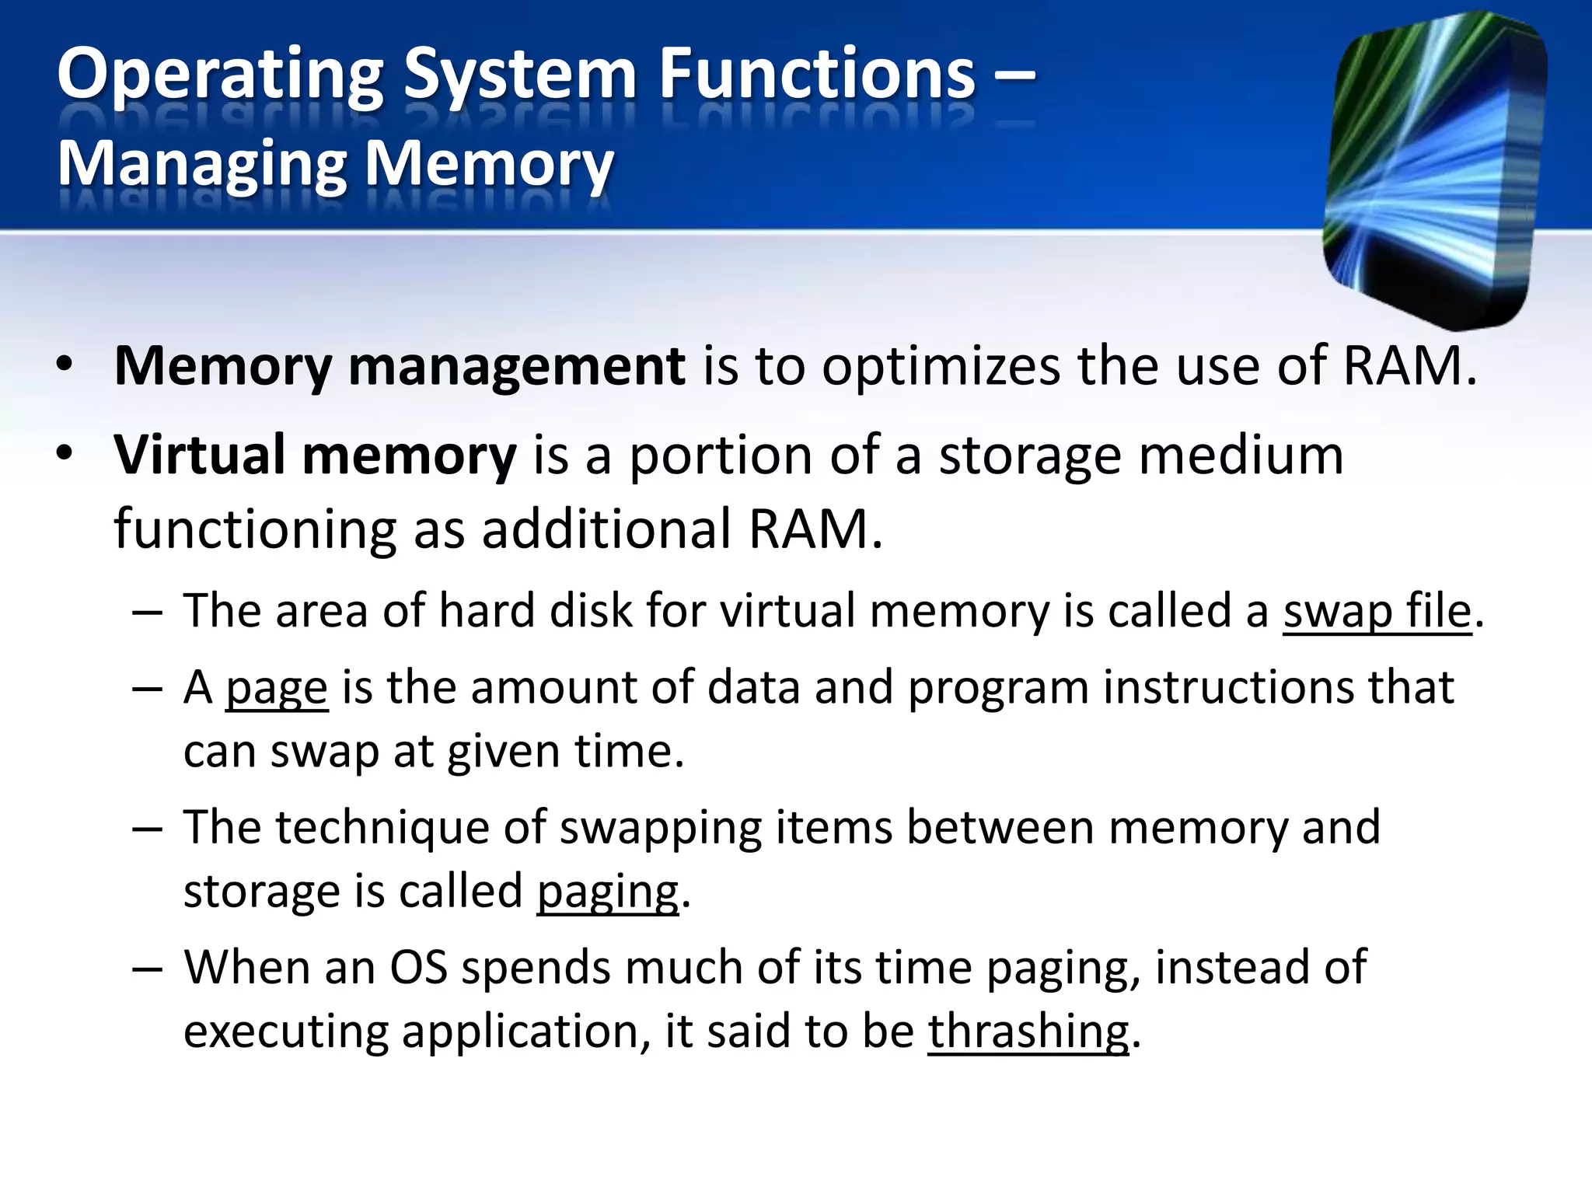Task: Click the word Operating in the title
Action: click(221, 76)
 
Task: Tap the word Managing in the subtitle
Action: click(202, 166)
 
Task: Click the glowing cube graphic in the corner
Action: click(1434, 167)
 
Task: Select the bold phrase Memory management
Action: click(400, 366)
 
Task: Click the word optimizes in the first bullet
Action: click(940, 366)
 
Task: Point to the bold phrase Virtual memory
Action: click(315, 456)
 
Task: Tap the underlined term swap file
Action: click(1377, 611)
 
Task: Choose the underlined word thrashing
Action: click(1028, 1032)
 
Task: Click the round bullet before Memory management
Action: click(65, 365)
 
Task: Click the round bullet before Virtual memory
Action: click(65, 454)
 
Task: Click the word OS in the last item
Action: click(418, 969)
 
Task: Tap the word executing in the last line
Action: click(285, 1032)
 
